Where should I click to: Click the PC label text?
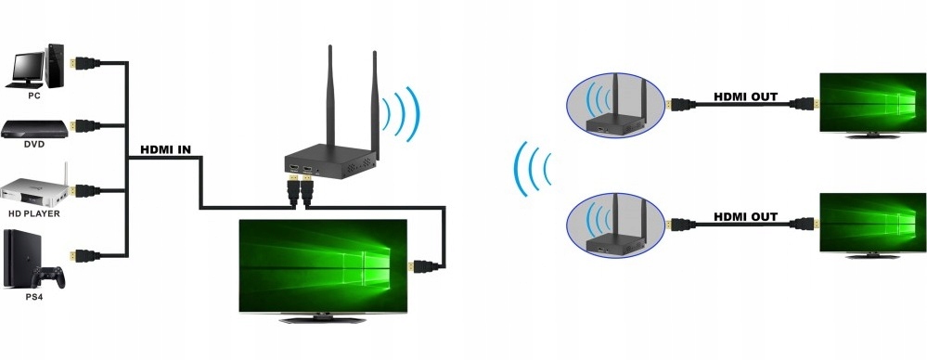(34, 96)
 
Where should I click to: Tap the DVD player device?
(34, 129)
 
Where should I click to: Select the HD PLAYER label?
(34, 213)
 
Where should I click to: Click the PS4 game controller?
(48, 277)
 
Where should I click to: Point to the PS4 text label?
(33, 297)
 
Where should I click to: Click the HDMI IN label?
(165, 150)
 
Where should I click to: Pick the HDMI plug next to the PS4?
(84, 255)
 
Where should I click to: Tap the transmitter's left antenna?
(330, 96)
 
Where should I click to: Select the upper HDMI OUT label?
(745, 96)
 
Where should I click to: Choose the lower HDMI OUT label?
(745, 217)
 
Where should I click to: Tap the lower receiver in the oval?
(615, 226)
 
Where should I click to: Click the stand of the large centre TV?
(322, 319)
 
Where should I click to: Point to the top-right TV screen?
(872, 102)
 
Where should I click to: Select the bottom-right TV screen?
(872, 223)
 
